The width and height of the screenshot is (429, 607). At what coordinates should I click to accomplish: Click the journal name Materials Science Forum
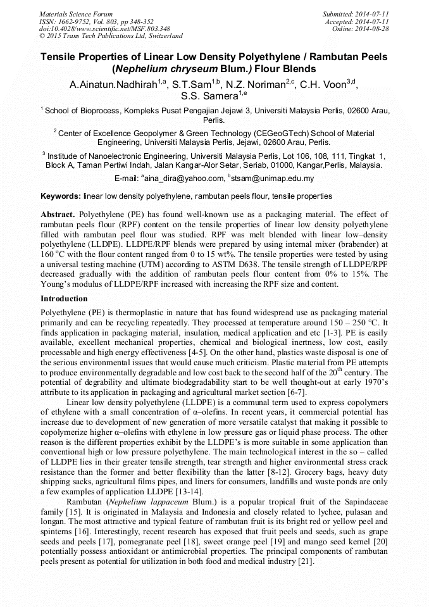(76, 13)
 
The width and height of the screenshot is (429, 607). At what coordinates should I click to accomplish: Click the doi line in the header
(104, 28)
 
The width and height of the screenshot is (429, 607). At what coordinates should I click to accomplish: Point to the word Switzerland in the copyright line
(160, 36)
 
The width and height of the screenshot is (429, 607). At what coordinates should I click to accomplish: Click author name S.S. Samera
(209, 96)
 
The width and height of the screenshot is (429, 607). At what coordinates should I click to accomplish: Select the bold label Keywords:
(60, 197)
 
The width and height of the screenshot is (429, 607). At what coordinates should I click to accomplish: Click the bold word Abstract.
(58, 215)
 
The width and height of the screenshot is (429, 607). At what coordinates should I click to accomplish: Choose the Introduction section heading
(64, 298)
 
